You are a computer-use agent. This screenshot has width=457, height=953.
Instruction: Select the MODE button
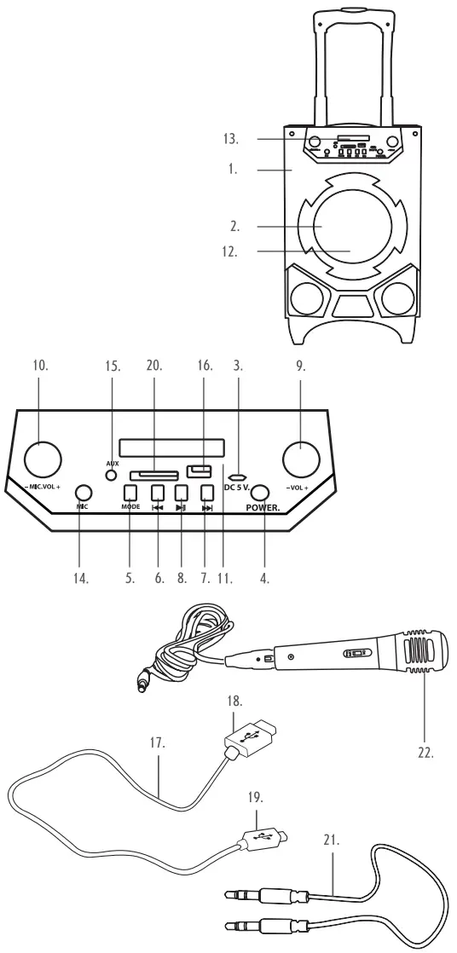tap(130, 492)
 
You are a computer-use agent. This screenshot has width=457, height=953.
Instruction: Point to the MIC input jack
tap(83, 493)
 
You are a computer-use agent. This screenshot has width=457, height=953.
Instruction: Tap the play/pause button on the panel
tap(181, 492)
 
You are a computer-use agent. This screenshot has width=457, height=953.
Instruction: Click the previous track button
tap(157, 492)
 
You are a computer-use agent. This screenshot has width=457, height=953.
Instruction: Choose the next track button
tap(205, 492)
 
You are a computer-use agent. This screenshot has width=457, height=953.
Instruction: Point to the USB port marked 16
tap(201, 470)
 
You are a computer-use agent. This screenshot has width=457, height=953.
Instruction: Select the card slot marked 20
tap(153, 474)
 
